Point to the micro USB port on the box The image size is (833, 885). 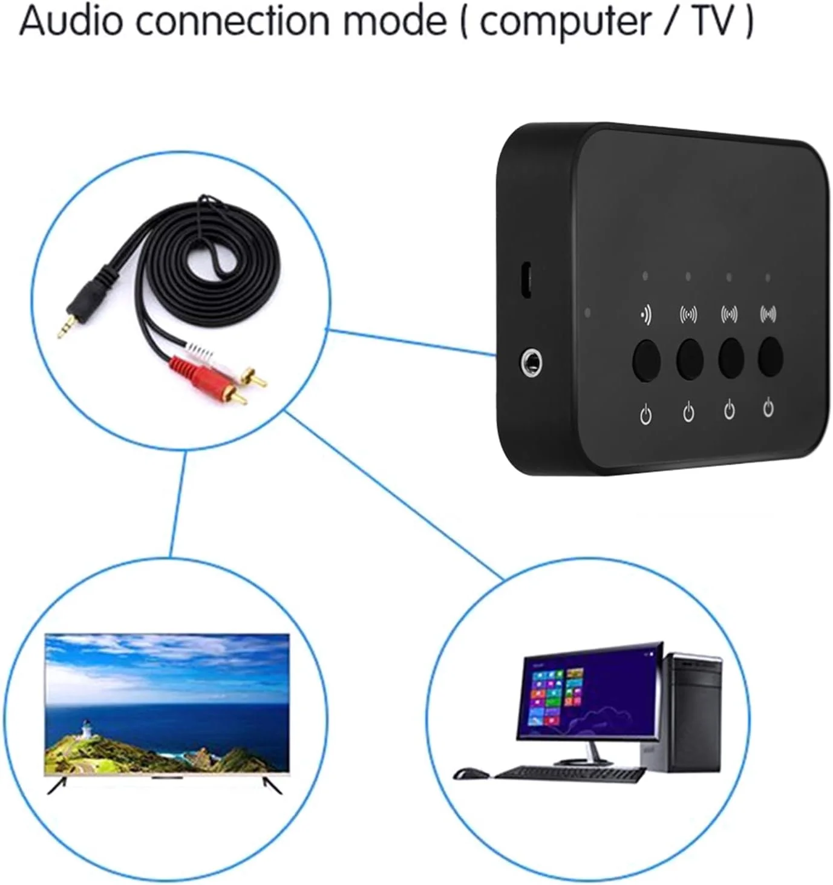click(526, 280)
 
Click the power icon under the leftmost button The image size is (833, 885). click(646, 414)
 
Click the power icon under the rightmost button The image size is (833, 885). click(768, 408)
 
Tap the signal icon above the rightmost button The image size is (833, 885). click(768, 314)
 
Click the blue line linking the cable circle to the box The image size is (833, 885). click(411, 342)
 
